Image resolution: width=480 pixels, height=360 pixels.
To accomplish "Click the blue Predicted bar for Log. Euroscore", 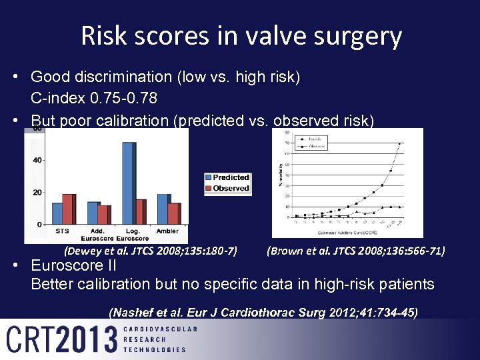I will pos(127,183).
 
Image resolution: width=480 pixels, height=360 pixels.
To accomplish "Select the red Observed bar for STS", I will pos(68,209).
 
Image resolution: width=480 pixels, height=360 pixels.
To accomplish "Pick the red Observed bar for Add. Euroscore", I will pos(103,214).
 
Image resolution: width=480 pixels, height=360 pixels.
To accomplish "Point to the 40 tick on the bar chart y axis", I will pos(37,160).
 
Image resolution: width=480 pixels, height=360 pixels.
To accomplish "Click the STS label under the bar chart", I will pos(62,231).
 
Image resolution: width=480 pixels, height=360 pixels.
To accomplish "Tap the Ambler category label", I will pos(167,231).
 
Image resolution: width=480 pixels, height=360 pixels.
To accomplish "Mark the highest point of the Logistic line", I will pos(400,143).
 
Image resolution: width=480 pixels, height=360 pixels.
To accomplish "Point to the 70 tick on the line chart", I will pos(286,143).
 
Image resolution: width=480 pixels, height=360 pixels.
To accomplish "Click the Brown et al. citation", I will pos(355,251).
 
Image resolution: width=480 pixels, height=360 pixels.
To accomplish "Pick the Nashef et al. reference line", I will pos(263,311).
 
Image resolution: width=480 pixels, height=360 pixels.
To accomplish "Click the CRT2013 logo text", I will pos(62,339).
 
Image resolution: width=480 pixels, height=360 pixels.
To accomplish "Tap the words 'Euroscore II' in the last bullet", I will pos(73,265).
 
